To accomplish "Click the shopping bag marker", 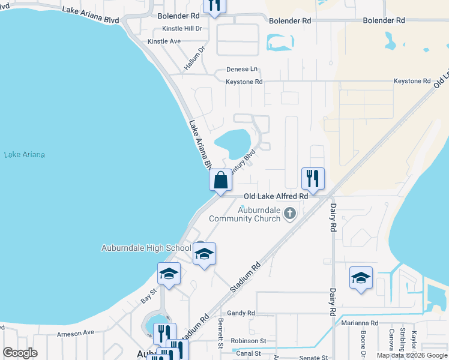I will pos(220,180).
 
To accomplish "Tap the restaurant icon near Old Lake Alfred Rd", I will pos(313,178).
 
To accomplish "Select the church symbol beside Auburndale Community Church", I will pos(290,214).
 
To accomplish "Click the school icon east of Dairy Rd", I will pos(361,278).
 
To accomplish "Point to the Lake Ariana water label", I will pos(25,155).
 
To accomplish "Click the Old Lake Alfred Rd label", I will pos(276,196).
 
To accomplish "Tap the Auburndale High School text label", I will pos(146,248).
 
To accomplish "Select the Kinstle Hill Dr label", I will pos(182,28).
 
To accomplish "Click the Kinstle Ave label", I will pos(164,41).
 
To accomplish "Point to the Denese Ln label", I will pos(241,69).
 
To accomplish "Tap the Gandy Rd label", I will pos(241,313).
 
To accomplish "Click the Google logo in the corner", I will pos(20,353).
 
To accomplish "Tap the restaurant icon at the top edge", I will pos(214,5).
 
